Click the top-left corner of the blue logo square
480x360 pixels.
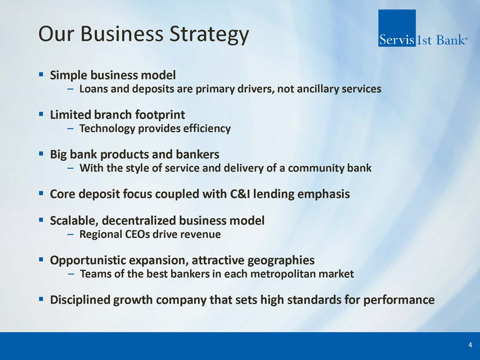point(378,10)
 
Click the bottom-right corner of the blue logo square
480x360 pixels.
point(416,47)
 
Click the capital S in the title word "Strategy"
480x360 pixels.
point(175,33)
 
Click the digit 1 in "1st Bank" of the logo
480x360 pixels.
point(419,40)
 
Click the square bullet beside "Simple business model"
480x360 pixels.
point(41,74)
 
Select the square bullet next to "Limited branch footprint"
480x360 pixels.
point(41,114)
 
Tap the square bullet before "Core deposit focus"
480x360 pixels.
point(41,193)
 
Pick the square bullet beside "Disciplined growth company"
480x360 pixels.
point(41,298)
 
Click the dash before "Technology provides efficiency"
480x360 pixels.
point(71,129)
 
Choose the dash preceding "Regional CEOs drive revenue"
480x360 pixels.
point(71,235)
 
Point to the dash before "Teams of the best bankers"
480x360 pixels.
point(71,274)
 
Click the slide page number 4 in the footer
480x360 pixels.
point(470,345)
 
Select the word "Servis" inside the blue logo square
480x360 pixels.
point(397,40)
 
